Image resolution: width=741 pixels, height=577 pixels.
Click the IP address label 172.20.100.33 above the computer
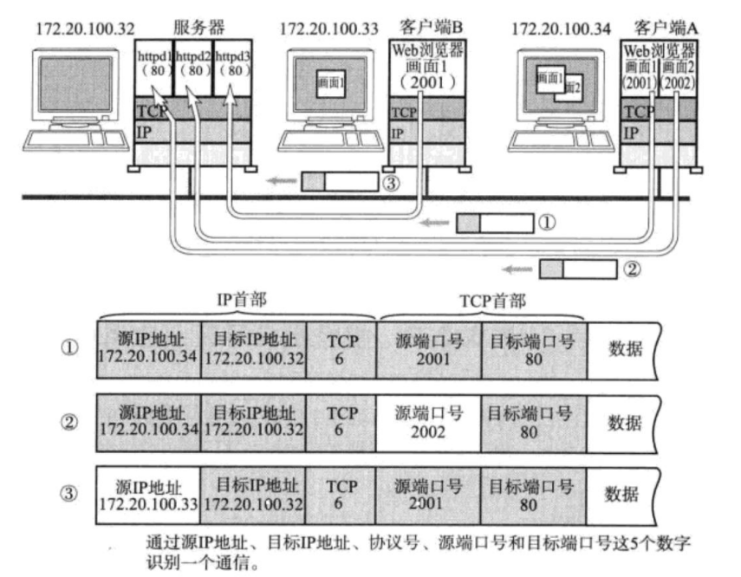pos(328,29)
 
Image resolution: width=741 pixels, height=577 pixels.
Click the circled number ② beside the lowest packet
pos(633,269)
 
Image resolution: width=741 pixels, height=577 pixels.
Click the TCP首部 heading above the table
pos(480,300)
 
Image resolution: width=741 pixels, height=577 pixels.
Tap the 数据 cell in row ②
pos(624,423)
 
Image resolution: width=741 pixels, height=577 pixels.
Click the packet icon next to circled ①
pos(495,224)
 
